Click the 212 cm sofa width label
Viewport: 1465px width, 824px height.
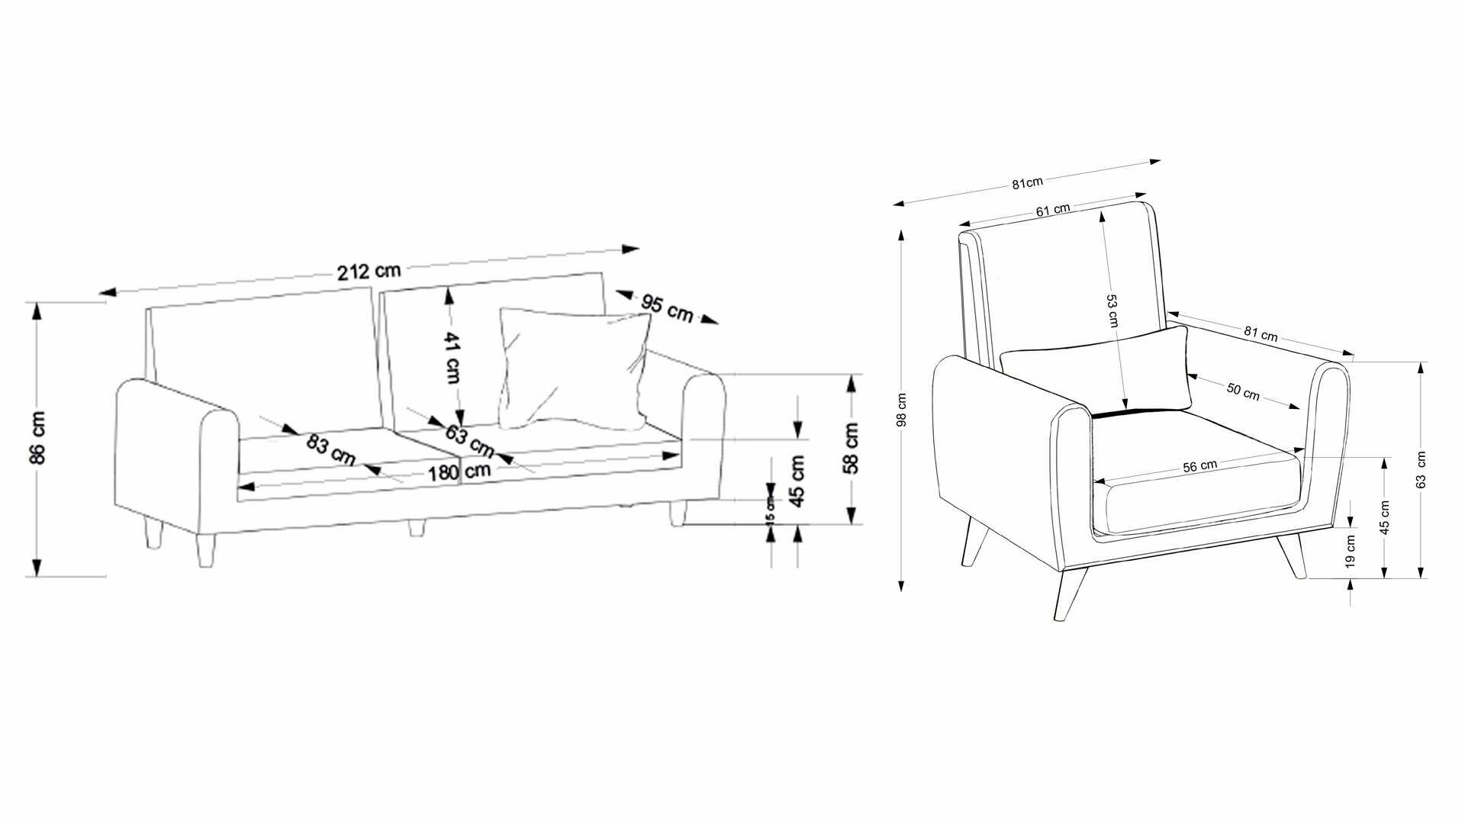point(369,271)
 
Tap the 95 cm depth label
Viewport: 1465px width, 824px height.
point(667,307)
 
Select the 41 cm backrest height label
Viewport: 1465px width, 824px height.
point(452,358)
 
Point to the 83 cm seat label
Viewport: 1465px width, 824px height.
point(330,449)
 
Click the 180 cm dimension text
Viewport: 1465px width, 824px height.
point(459,472)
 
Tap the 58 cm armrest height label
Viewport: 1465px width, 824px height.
point(852,448)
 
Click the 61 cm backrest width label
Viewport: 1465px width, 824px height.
point(1052,210)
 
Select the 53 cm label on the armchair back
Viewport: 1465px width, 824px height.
point(1112,311)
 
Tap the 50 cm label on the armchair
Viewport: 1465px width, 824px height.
point(1243,391)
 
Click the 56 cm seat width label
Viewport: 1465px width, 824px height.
point(1199,466)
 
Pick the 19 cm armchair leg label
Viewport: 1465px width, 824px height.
point(1351,551)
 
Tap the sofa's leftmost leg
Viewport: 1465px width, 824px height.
point(155,533)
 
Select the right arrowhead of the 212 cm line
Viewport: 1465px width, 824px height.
point(631,249)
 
